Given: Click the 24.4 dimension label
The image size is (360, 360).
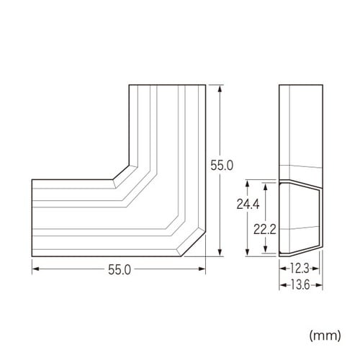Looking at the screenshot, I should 239,204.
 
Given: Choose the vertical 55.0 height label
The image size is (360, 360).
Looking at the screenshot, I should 221,165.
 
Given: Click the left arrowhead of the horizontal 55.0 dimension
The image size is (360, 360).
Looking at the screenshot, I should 34,270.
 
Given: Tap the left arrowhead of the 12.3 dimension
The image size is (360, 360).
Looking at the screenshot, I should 282,269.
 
